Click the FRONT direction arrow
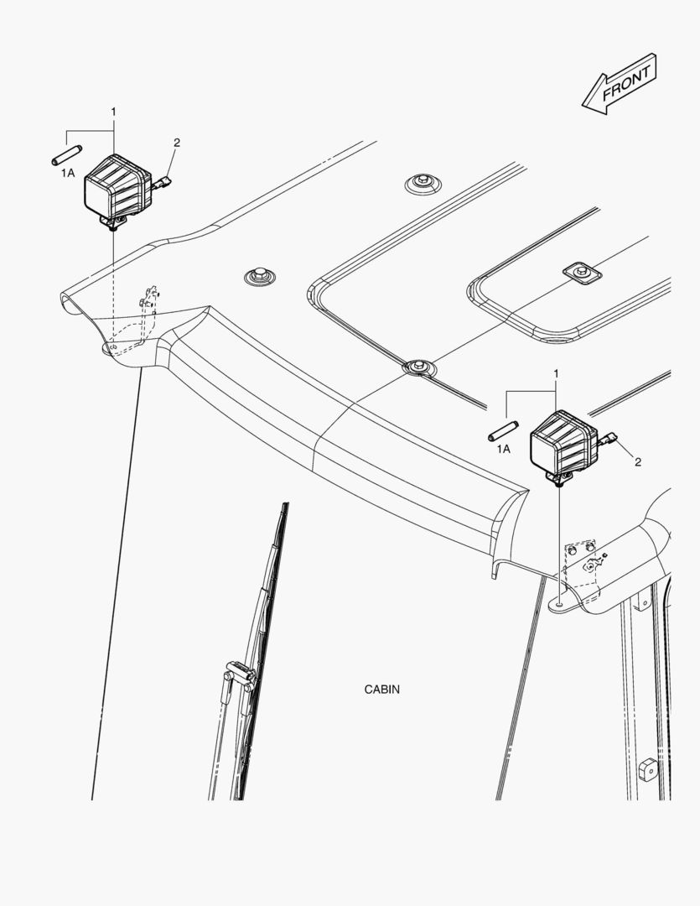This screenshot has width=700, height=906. (x=619, y=85)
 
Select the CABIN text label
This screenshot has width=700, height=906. (x=381, y=690)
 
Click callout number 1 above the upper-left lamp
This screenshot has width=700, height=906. (x=114, y=112)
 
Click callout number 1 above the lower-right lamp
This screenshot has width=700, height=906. (x=556, y=372)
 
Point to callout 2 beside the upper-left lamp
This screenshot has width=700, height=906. (x=176, y=143)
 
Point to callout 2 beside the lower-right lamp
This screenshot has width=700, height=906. (x=638, y=462)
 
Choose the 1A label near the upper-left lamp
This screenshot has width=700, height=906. (x=68, y=173)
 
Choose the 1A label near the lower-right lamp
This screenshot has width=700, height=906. (x=503, y=450)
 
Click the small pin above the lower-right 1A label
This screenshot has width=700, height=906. (x=500, y=431)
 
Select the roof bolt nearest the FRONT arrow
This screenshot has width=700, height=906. (x=420, y=182)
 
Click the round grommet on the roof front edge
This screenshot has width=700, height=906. (x=417, y=366)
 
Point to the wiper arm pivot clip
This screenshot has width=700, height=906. (x=238, y=672)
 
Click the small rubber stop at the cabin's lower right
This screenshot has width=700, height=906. (x=646, y=767)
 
